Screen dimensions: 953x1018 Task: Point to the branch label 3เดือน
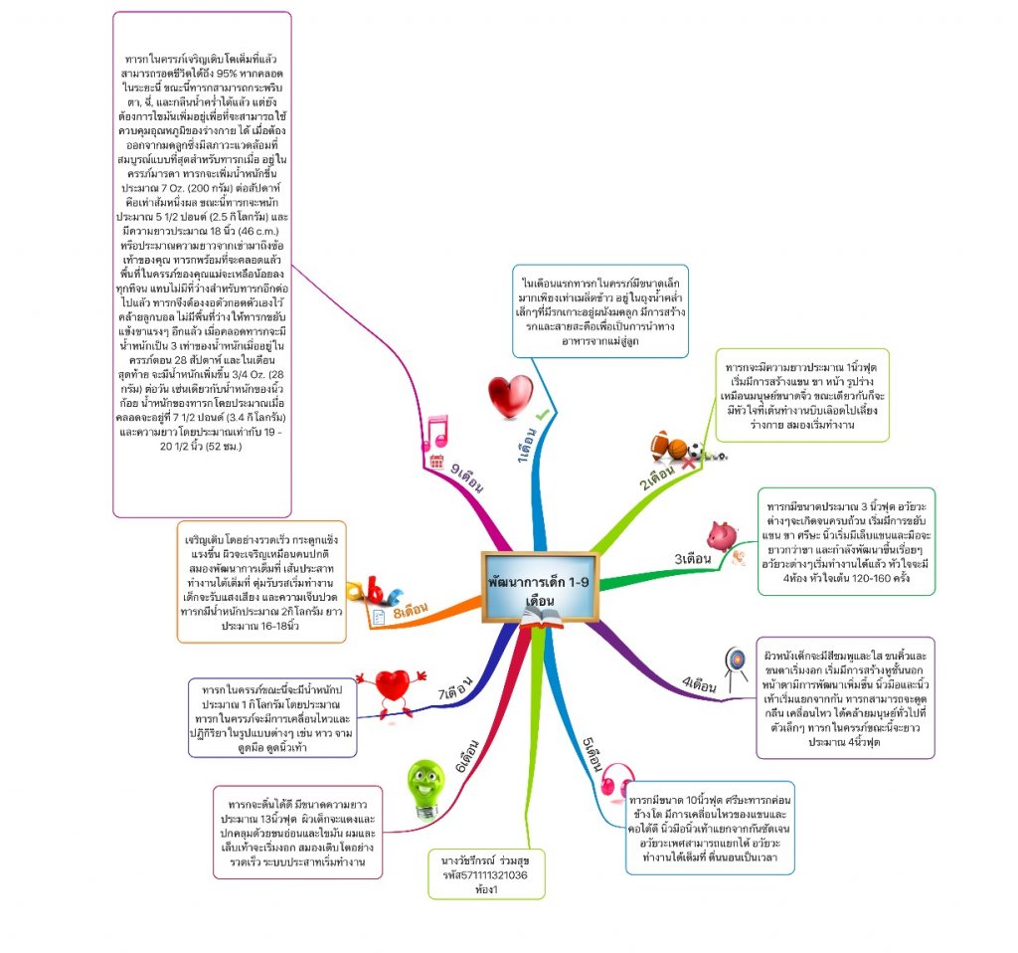pyautogui.click(x=693, y=559)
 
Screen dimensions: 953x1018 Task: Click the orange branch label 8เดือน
pyautogui.click(x=410, y=608)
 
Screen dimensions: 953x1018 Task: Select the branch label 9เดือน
pyautogui.click(x=465, y=477)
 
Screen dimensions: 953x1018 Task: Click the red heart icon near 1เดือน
pyautogui.click(x=510, y=394)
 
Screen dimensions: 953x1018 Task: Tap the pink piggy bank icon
pyautogui.click(x=723, y=536)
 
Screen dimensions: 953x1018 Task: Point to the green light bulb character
pyautogui.click(x=425, y=787)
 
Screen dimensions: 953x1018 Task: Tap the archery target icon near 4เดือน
pyautogui.click(x=735, y=663)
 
